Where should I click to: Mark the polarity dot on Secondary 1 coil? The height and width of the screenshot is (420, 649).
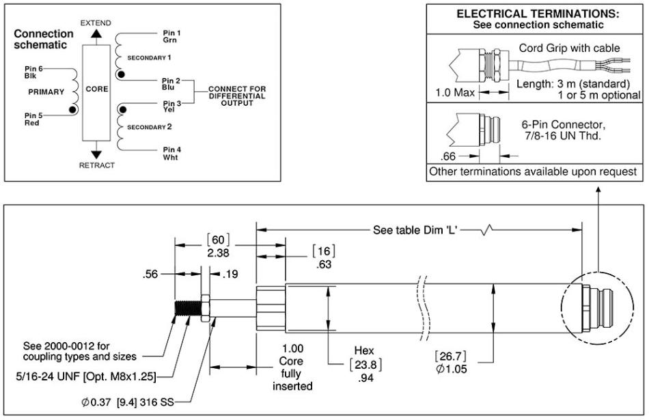point(121,74)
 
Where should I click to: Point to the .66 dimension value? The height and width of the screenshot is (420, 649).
point(451,155)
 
